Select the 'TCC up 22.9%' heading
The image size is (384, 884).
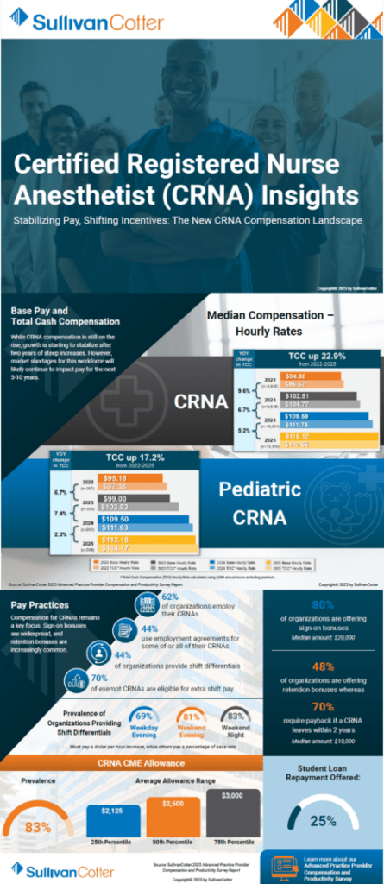pos(301,357)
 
